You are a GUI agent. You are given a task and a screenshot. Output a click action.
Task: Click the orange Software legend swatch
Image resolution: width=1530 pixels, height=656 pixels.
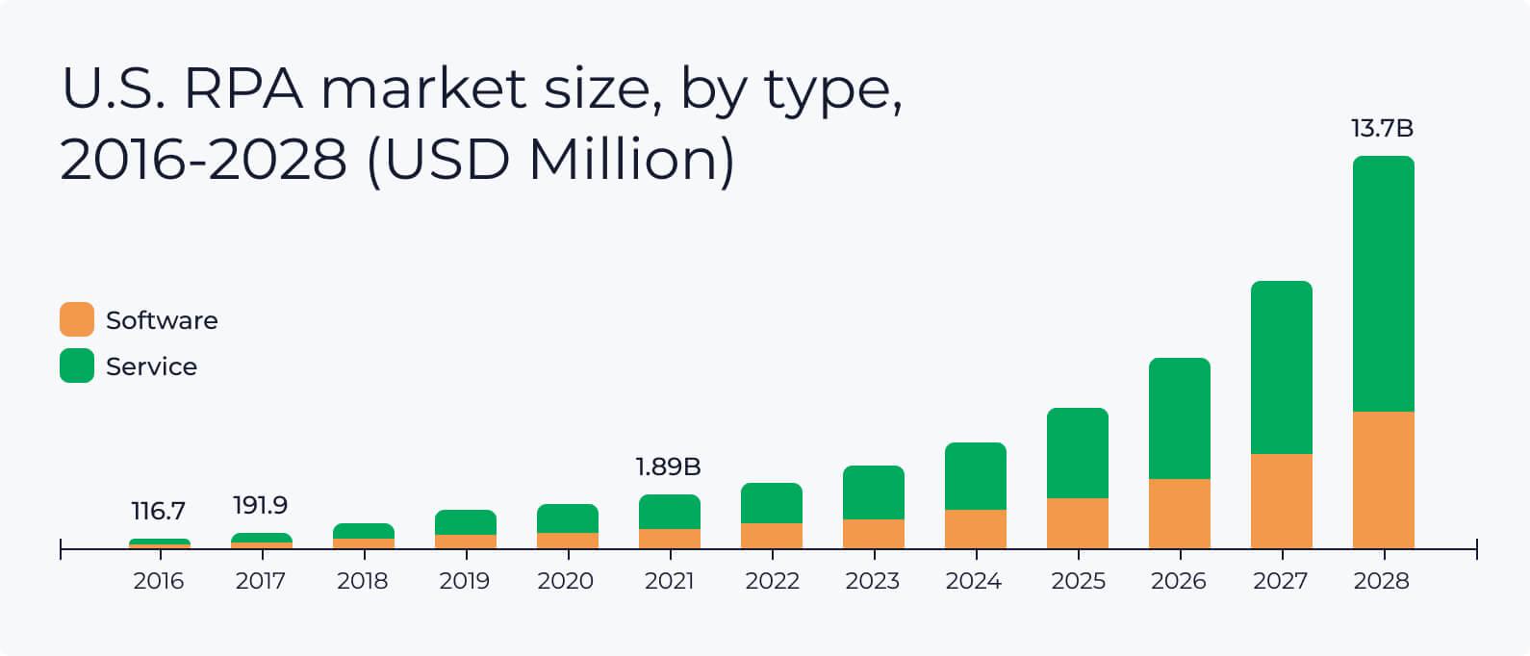click(77, 319)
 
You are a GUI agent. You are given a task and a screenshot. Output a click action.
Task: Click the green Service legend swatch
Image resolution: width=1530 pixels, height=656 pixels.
click(77, 366)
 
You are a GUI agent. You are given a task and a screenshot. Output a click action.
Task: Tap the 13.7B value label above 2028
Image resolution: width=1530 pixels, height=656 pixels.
click(1382, 129)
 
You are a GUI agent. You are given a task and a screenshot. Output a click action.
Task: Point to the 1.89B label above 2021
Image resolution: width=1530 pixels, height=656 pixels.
click(668, 467)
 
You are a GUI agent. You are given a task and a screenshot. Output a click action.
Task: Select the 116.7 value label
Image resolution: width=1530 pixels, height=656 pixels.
click(159, 511)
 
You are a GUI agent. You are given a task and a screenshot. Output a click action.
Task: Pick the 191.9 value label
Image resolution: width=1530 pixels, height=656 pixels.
click(260, 505)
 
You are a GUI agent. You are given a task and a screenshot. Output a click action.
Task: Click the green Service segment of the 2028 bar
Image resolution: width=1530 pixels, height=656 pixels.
click(1383, 284)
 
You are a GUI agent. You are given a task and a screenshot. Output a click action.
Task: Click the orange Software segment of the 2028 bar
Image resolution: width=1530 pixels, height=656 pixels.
click(1383, 480)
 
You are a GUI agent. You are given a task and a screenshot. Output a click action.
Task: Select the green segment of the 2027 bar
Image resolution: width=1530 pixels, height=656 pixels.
click(1281, 367)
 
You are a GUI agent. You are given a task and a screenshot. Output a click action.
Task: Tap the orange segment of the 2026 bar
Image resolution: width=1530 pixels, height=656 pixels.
click(1179, 514)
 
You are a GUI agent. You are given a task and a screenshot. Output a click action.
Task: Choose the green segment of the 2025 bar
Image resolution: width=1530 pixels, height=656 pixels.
click(1077, 453)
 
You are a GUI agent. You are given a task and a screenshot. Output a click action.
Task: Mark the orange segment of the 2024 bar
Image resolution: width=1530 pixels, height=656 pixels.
click(975, 529)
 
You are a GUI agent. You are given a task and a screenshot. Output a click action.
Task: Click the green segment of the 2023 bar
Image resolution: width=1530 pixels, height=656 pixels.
click(873, 492)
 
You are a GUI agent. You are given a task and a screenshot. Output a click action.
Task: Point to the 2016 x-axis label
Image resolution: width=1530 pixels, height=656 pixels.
click(159, 581)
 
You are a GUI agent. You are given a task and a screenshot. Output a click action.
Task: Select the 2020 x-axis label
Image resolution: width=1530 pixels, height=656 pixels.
click(566, 581)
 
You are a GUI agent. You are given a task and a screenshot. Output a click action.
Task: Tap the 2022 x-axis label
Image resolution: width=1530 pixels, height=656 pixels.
click(772, 581)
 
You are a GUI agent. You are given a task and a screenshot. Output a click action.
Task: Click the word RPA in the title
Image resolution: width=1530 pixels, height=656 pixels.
click(242, 88)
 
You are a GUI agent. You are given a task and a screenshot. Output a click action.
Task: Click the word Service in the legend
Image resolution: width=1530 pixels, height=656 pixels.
click(151, 366)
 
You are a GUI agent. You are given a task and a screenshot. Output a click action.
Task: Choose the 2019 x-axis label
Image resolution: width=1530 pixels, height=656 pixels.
click(464, 581)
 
